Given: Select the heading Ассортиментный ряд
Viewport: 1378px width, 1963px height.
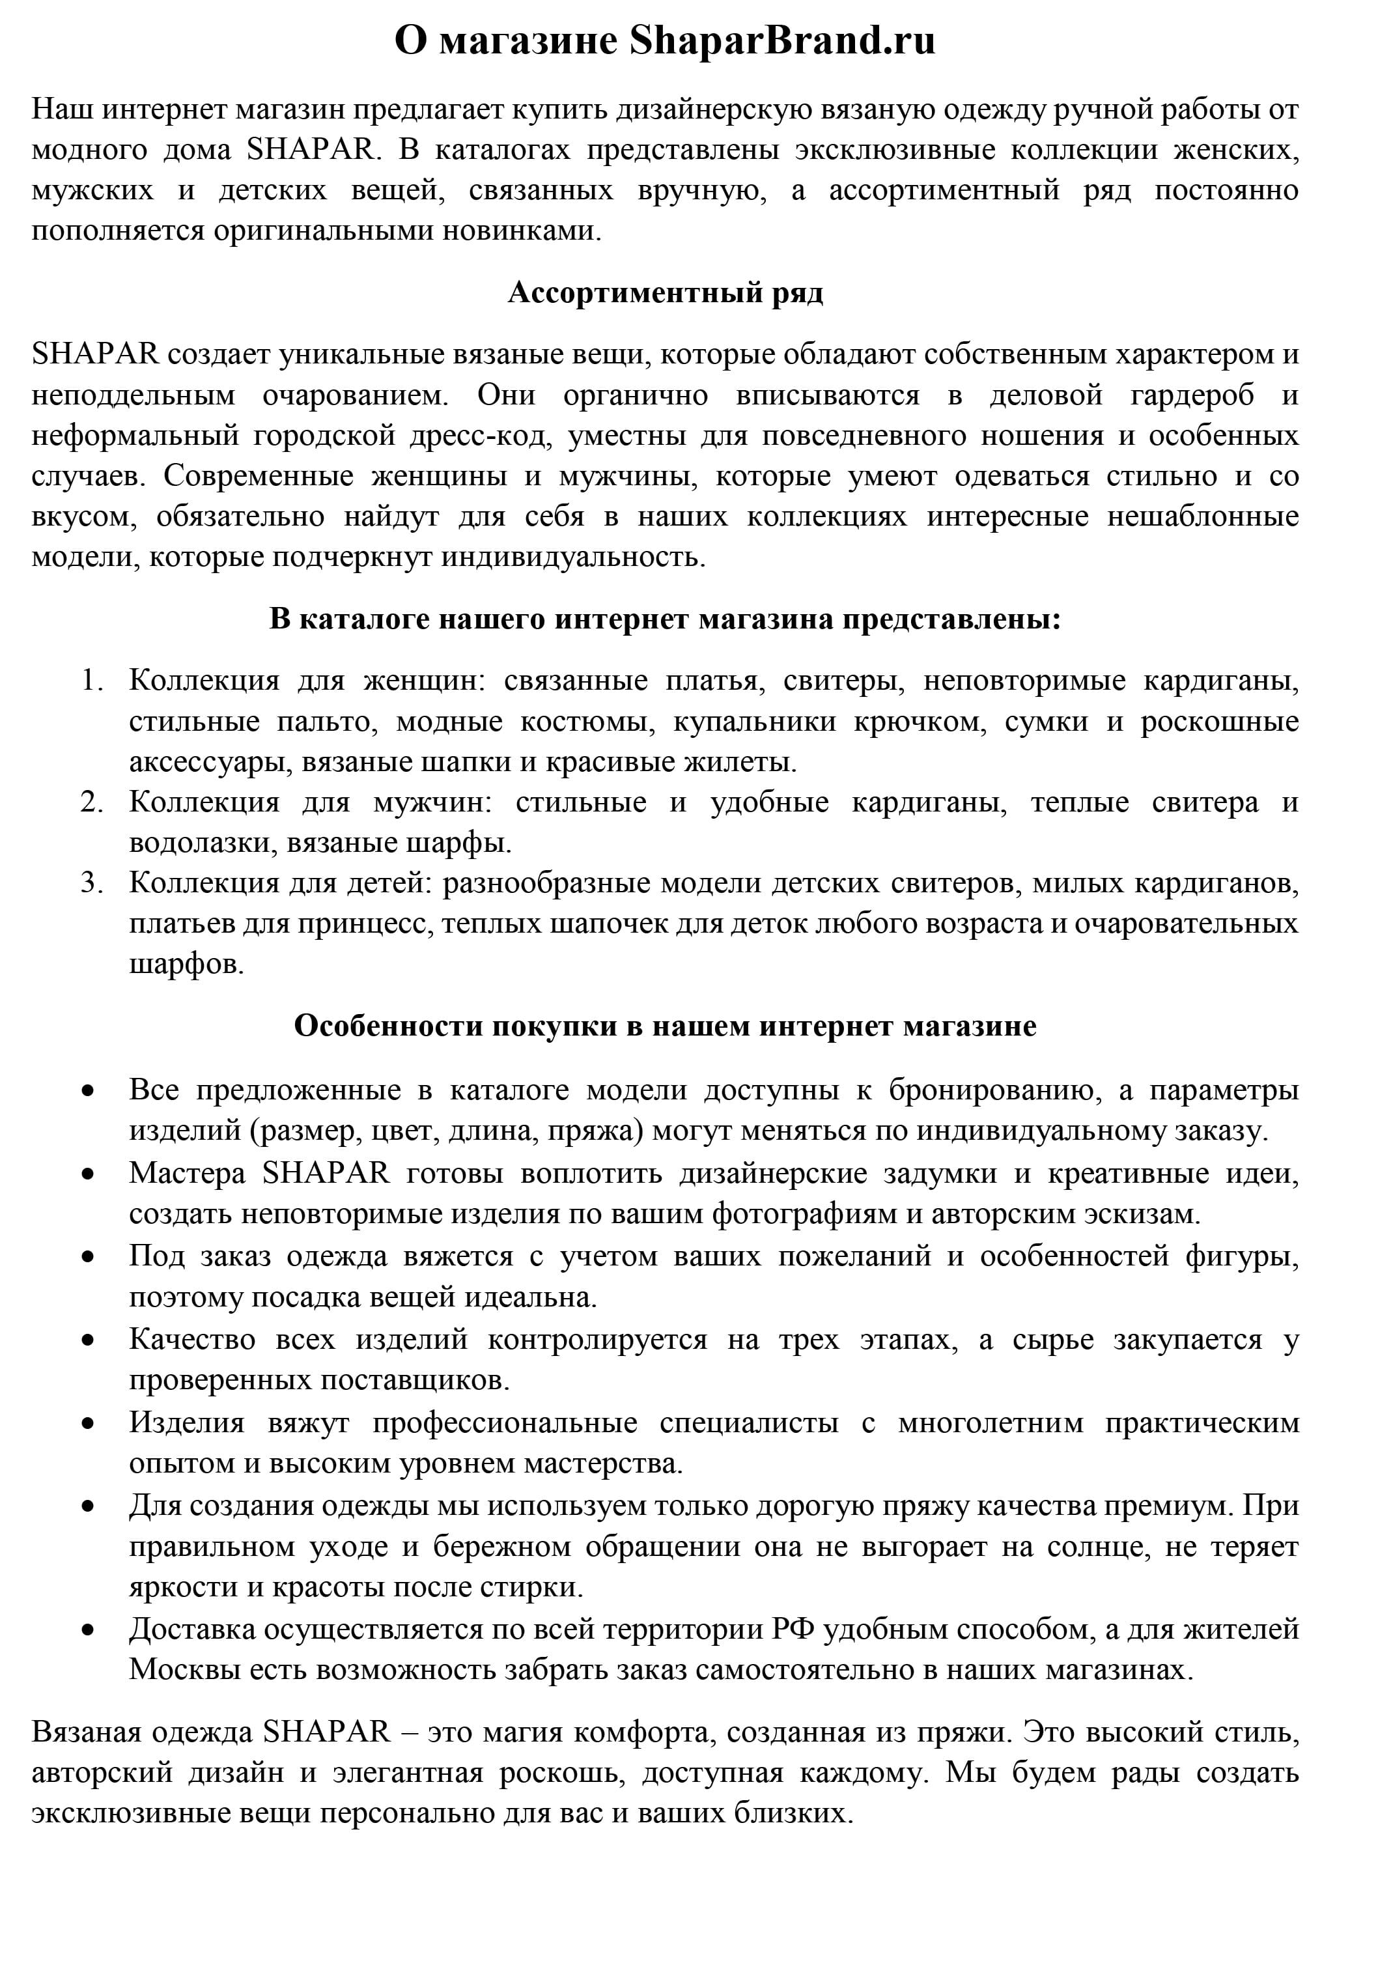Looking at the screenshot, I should coord(665,292).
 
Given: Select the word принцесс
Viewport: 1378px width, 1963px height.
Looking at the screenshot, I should coord(366,924).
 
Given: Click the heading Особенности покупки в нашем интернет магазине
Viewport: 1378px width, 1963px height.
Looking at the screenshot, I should coord(665,1025).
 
